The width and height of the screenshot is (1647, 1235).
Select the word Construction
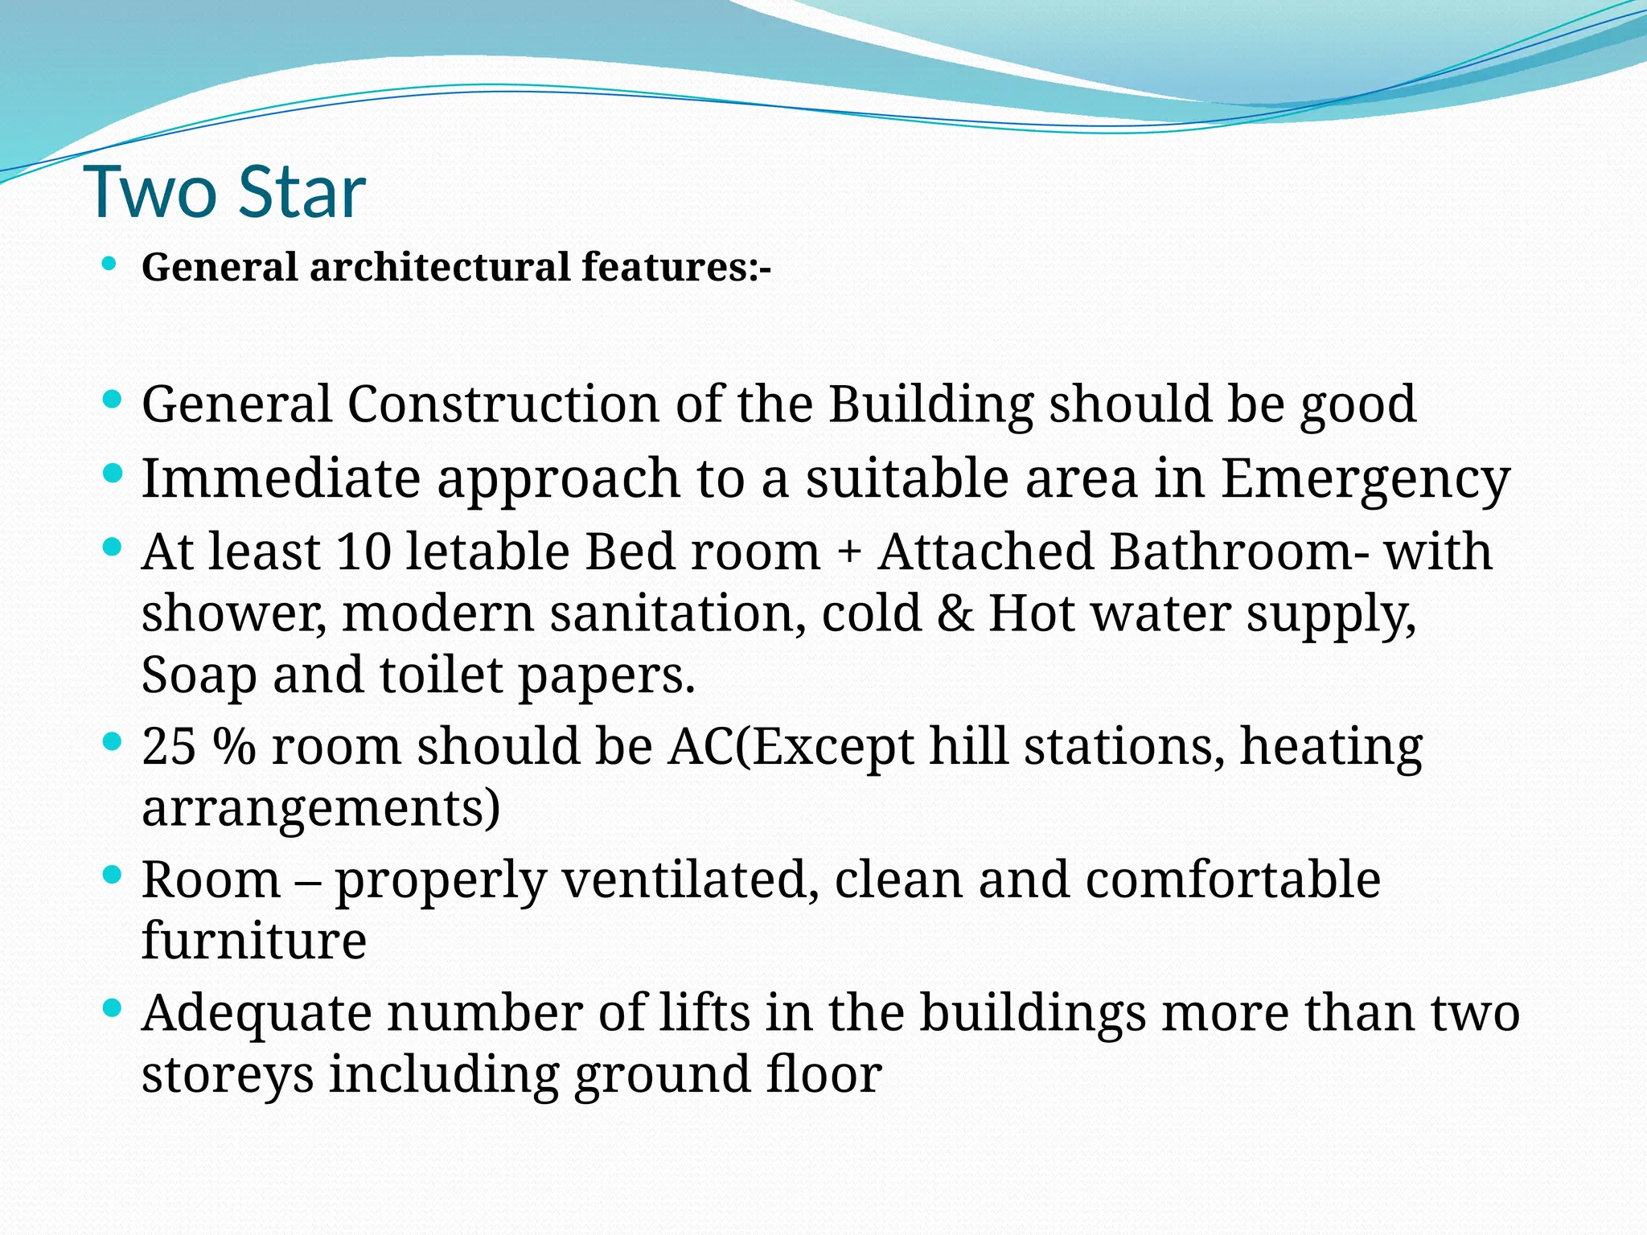[x=503, y=404]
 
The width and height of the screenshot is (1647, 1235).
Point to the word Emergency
[x=1366, y=479]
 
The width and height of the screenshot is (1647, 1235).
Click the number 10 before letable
[x=363, y=552]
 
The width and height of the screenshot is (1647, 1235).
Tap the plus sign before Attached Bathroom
[x=849, y=554]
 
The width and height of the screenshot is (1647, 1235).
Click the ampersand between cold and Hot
[x=954, y=613]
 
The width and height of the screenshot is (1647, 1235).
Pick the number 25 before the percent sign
[x=169, y=747]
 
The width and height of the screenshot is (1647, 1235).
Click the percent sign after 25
[x=235, y=747]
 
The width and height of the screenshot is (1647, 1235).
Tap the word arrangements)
[x=321, y=808]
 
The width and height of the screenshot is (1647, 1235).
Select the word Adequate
[x=257, y=1014]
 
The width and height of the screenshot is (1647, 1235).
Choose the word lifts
[x=704, y=1012]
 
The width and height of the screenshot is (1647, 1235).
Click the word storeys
[x=228, y=1075]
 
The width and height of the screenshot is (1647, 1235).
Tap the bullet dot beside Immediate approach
[x=113, y=474]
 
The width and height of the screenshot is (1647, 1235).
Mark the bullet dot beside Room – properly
[x=113, y=874]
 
